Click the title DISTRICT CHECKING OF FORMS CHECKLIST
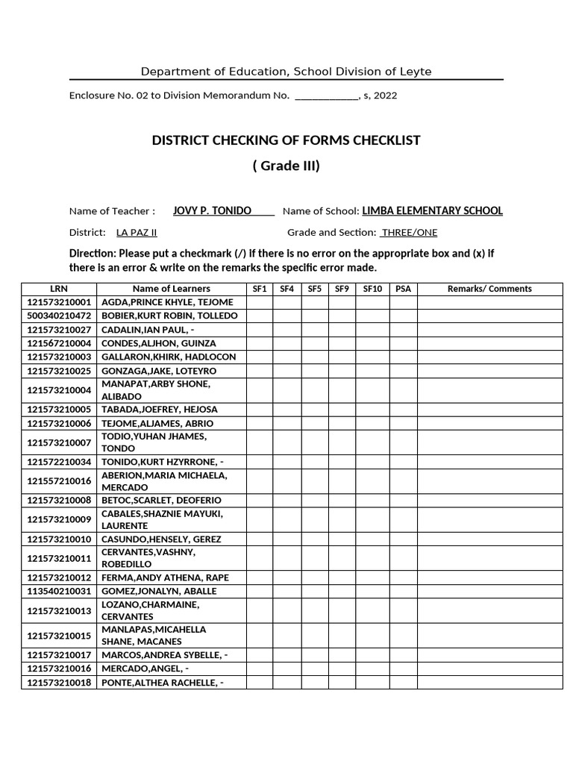click(286, 140)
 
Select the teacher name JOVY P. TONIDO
click(212, 211)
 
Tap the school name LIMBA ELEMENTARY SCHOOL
click(432, 211)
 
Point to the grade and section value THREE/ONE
click(410, 233)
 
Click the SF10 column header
click(372, 289)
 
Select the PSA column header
click(403, 289)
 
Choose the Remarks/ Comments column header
click(489, 289)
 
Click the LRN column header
click(58, 289)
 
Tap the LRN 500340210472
click(59, 316)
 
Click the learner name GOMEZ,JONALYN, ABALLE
click(159, 591)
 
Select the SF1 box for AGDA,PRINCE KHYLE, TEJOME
click(260, 302)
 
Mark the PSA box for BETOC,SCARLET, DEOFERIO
click(403, 501)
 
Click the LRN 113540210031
click(59, 591)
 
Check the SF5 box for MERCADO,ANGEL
click(314, 669)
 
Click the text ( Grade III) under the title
click(286, 166)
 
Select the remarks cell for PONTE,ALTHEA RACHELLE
click(489, 683)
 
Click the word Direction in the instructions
click(92, 253)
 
